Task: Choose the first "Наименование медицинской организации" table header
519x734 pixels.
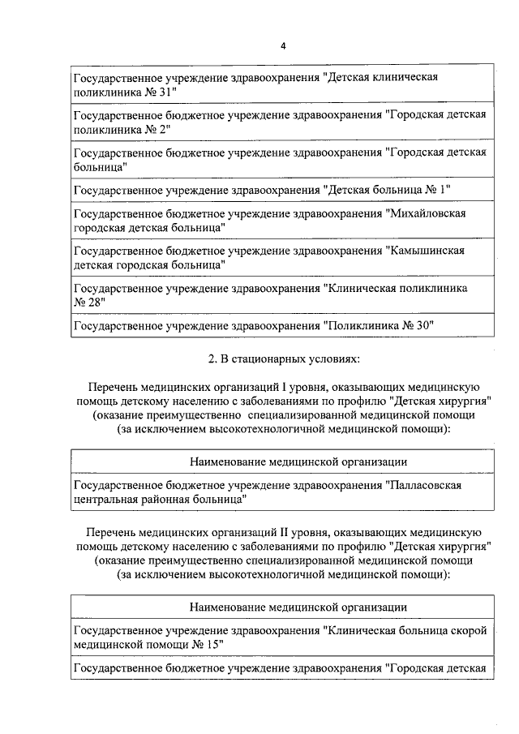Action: [298, 462]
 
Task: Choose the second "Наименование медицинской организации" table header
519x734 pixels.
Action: [298, 607]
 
